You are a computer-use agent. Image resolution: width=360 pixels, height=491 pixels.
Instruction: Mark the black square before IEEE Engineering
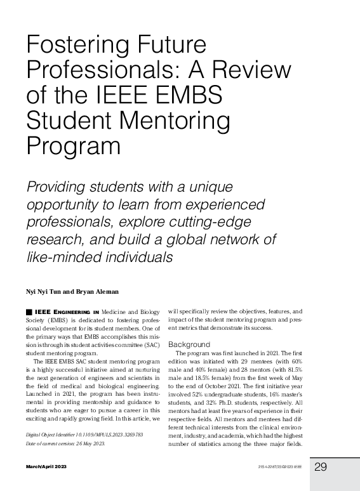[29, 312]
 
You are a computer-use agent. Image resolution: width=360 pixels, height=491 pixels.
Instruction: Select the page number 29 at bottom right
[320, 467]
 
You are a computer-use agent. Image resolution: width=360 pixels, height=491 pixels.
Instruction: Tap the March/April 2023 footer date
[46, 467]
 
